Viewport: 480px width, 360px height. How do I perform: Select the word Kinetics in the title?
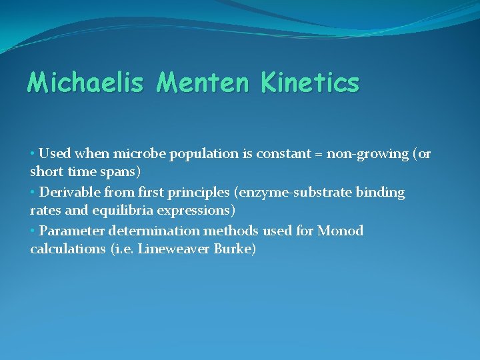click(x=310, y=83)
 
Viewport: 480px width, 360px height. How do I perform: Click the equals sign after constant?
click(x=317, y=155)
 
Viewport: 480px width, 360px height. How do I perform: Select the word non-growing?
click(x=367, y=155)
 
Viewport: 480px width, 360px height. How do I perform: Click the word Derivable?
click(x=69, y=193)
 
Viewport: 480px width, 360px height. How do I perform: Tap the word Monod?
click(x=340, y=231)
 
